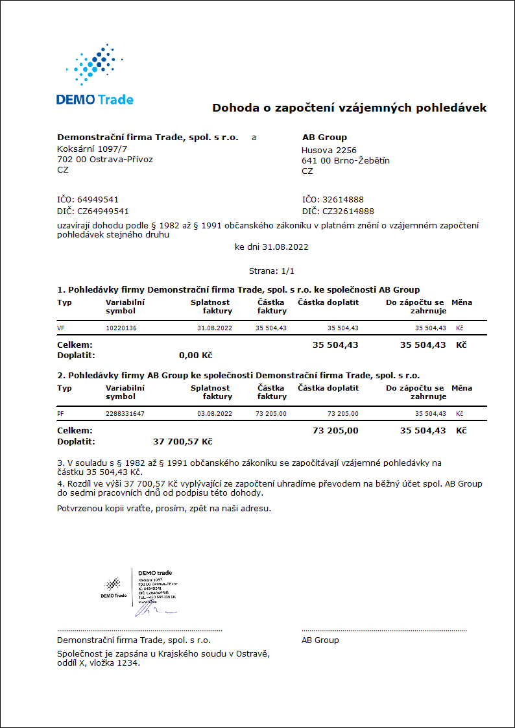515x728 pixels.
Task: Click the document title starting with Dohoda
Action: tap(349, 108)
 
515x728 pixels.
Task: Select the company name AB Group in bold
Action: tap(324, 138)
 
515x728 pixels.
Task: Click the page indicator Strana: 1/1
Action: tap(272, 271)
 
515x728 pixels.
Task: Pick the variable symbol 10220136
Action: tap(121, 328)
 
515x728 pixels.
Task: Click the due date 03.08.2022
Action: tap(214, 414)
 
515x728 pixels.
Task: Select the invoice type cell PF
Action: tap(61, 414)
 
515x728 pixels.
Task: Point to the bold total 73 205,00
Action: tap(335, 430)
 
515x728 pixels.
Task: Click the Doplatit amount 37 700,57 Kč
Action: tap(182, 442)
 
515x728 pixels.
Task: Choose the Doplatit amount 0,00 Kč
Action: tap(195, 356)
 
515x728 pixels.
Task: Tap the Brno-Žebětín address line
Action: tap(346, 161)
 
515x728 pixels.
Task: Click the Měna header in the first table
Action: tap(462, 302)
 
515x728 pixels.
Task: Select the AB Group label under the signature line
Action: tap(320, 640)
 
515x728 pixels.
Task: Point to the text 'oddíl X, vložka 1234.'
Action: tap(99, 663)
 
